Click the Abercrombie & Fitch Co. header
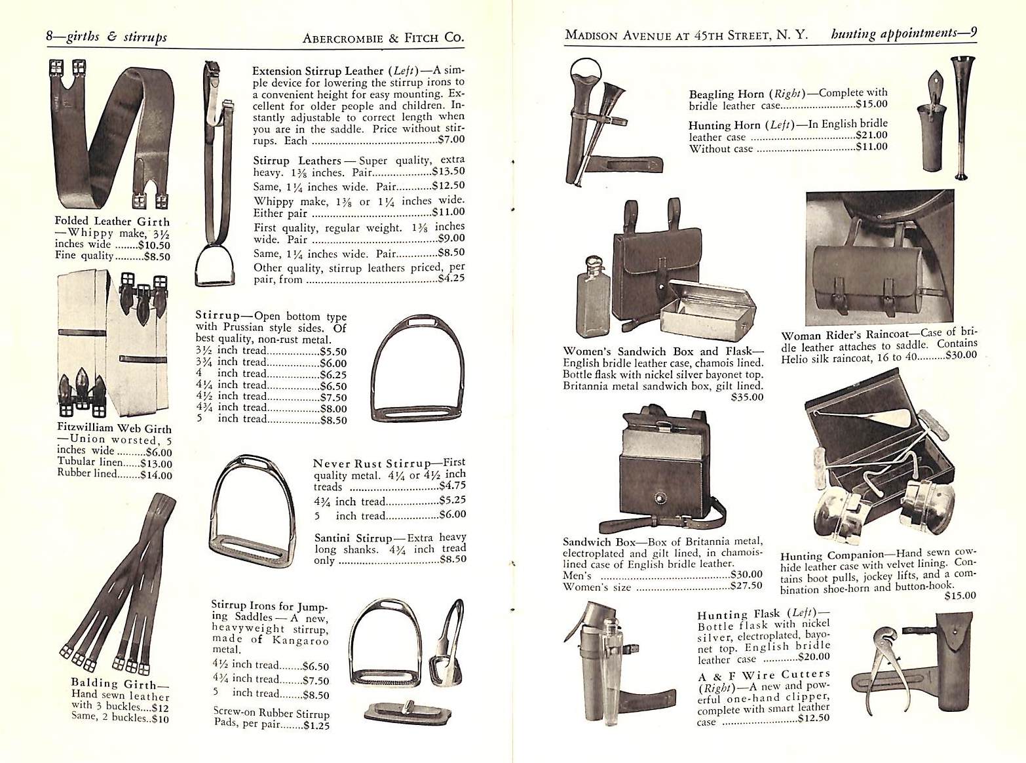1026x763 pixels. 383,38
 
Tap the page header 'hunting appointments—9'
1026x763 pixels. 903,34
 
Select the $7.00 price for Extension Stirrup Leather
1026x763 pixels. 451,140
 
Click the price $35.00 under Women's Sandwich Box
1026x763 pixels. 747,397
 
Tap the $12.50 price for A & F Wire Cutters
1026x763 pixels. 814,718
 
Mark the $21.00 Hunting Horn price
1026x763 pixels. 871,136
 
